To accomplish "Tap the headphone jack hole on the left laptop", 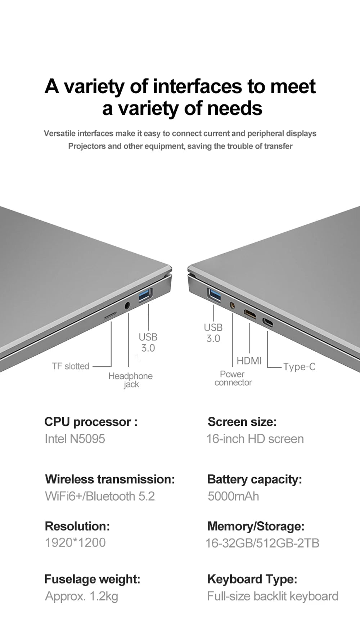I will (127, 306).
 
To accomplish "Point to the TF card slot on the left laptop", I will (111, 316).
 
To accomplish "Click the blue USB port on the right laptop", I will (214, 295).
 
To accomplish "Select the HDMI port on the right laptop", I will (250, 314).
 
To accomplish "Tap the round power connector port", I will (232, 306).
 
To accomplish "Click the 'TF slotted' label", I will (71, 366).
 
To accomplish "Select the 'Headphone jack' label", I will (130, 380).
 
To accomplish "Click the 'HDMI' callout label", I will (249, 361).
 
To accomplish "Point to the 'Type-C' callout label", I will (299, 367).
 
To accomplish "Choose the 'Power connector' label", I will (233, 378).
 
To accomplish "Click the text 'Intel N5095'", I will (75, 439).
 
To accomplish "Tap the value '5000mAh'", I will (233, 496).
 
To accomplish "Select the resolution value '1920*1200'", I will (75, 542).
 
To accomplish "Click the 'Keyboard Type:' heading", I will (252, 579).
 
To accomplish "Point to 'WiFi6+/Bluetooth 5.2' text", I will (100, 496).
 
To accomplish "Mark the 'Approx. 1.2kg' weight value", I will (81, 596).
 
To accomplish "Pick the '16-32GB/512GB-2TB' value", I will (262, 543).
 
